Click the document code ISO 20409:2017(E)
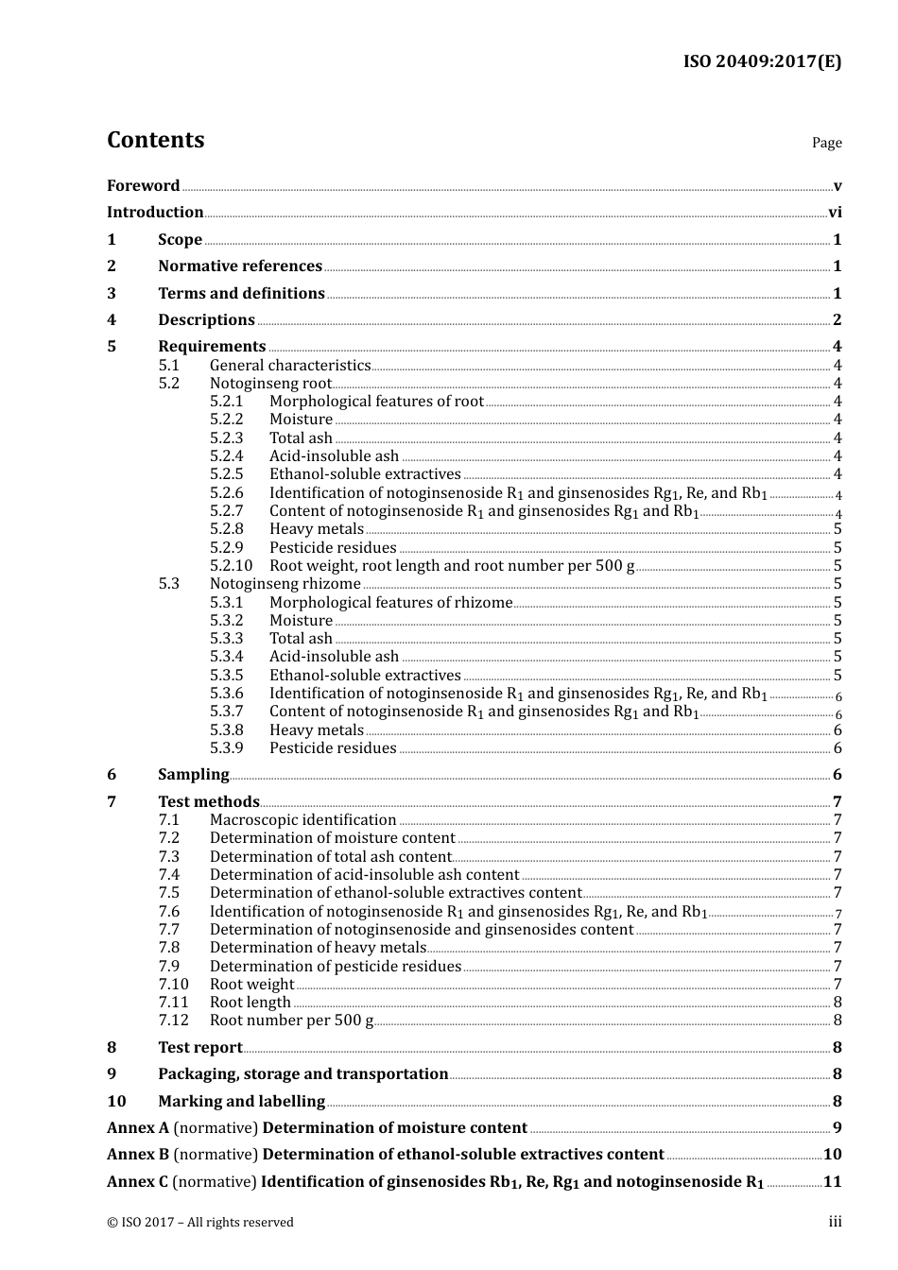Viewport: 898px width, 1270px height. pos(762,61)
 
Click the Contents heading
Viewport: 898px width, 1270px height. pos(155,140)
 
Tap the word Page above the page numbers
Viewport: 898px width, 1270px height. pos(826,143)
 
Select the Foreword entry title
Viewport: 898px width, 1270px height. pos(143,186)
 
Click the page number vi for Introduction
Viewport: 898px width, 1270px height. pos(835,213)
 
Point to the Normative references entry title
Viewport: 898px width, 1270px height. pos(240,266)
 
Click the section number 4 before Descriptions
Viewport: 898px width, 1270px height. pos(112,320)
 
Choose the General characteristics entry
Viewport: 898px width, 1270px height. pos(290,366)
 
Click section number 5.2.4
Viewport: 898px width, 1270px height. pos(226,456)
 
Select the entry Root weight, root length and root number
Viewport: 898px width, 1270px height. pos(452,566)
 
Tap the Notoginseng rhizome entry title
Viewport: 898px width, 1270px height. pos(285,584)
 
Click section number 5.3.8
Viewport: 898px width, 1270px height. pos(226,730)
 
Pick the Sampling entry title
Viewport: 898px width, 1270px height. pos(193,775)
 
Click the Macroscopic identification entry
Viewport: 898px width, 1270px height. pos(302,820)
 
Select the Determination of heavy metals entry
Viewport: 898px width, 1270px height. pos(318,948)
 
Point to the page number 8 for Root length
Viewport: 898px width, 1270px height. pos(838,1003)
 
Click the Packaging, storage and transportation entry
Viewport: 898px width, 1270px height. pos(302,1074)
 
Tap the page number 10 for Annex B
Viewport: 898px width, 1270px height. pos(832,1155)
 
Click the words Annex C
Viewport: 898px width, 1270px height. pos(137,1182)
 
